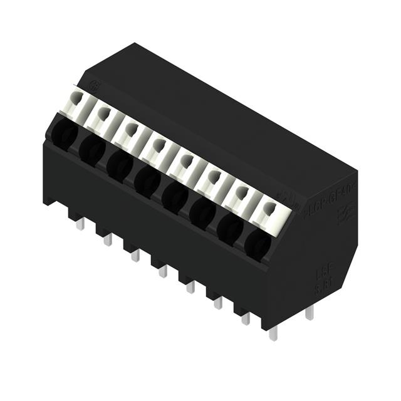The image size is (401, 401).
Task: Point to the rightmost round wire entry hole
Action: pyautogui.click(x=258, y=244)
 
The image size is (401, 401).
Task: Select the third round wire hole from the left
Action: pyautogui.click(x=118, y=164)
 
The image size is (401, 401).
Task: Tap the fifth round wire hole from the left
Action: pyautogui.click(x=175, y=196)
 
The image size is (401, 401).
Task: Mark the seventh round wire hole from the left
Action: pyautogui.click(x=230, y=229)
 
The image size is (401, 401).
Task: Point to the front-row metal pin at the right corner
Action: pyautogui.click(x=273, y=333)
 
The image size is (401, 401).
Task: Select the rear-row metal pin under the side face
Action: pyautogui.click(x=309, y=314)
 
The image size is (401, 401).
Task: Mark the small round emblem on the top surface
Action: pyautogui.click(x=95, y=86)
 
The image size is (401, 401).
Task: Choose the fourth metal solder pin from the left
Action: pyautogui.click(x=162, y=271)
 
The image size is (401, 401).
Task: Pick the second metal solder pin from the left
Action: pyautogui.click(x=108, y=240)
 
